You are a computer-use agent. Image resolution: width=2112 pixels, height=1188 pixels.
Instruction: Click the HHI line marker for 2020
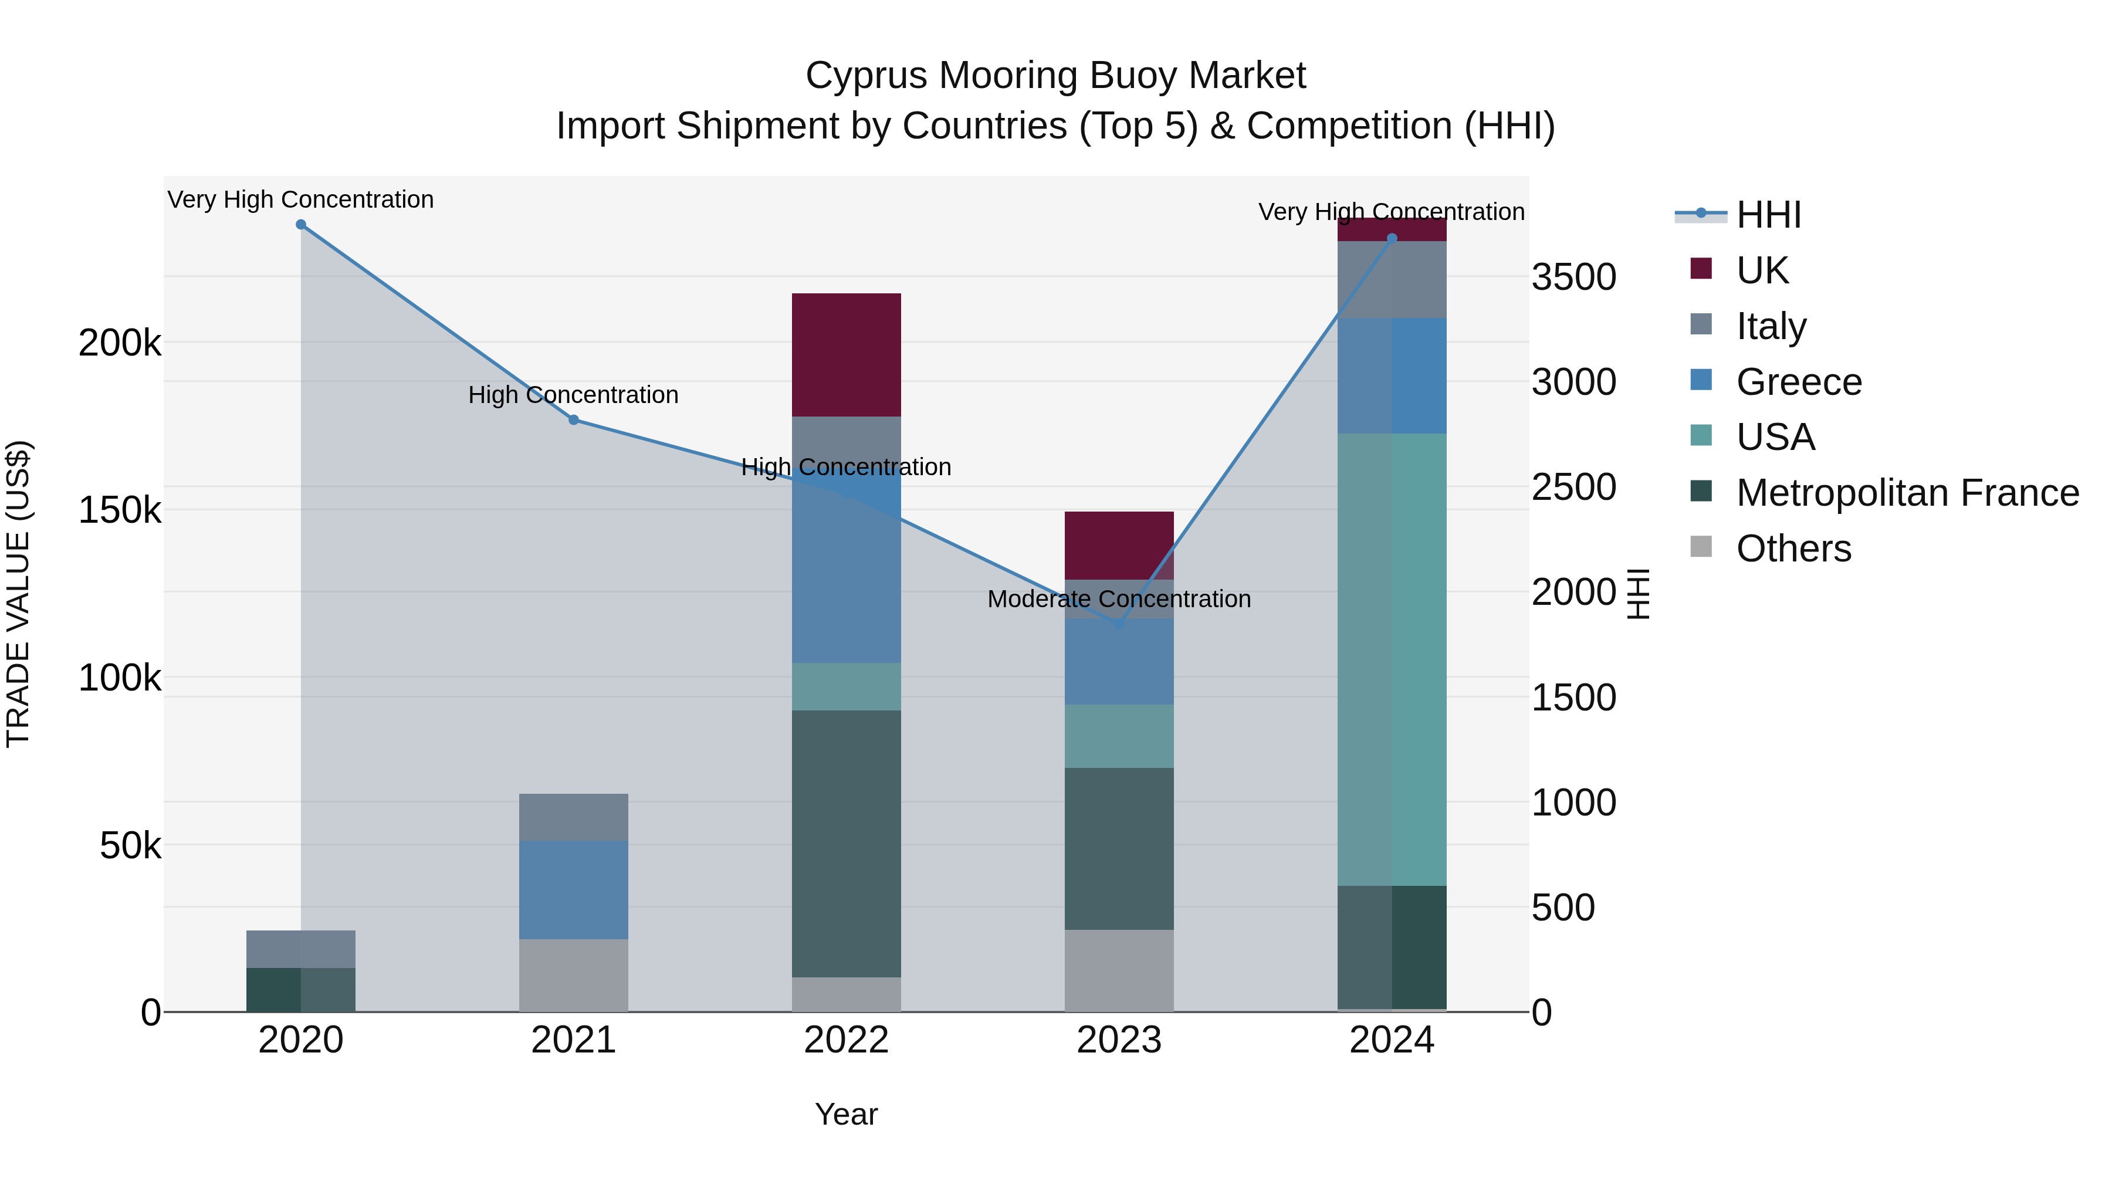[x=301, y=225]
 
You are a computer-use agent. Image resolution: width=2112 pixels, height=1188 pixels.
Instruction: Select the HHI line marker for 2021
[x=574, y=420]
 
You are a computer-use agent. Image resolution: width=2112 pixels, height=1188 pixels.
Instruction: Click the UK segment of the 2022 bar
[x=846, y=354]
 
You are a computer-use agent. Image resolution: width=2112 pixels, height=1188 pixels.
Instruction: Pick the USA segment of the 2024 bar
[x=1392, y=659]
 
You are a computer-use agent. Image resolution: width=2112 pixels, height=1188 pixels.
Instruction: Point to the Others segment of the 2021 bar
[x=574, y=975]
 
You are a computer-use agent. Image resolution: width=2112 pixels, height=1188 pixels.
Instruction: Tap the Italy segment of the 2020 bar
[x=301, y=949]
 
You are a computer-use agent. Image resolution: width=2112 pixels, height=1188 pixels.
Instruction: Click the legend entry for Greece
[x=1799, y=382]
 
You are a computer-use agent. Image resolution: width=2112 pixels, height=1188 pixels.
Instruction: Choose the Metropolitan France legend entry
[x=1907, y=493]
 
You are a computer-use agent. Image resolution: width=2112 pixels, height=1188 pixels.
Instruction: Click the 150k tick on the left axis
[x=120, y=511]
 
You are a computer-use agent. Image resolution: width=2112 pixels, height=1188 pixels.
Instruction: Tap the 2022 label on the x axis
[x=846, y=1040]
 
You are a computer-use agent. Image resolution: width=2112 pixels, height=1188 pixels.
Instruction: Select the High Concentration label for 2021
[x=573, y=395]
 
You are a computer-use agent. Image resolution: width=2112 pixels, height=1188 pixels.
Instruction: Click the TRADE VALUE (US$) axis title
[x=18, y=594]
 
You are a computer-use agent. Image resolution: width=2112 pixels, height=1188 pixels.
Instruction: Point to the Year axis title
[x=846, y=1114]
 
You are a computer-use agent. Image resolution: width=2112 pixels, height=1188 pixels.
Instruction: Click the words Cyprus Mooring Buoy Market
[x=1055, y=76]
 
